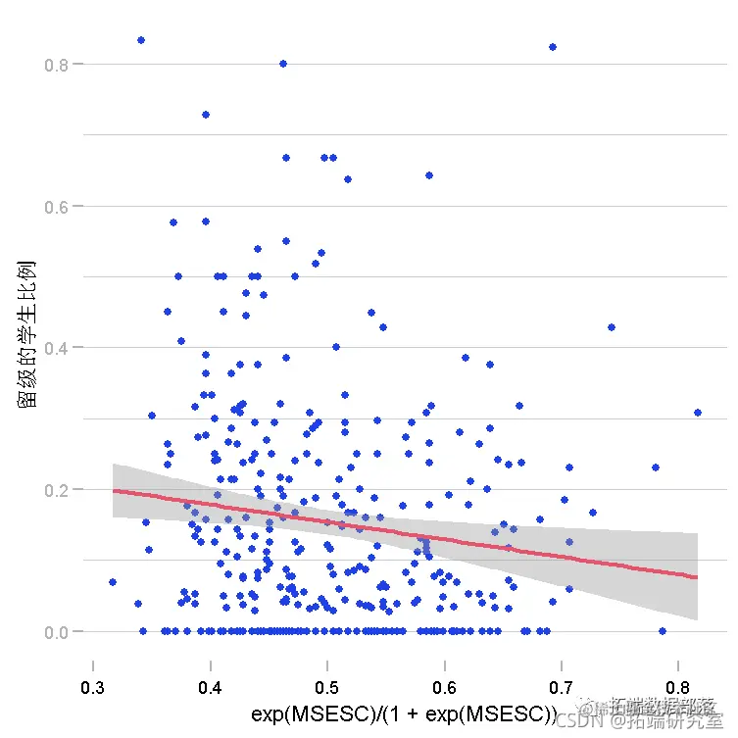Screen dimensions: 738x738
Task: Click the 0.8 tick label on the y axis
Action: point(57,65)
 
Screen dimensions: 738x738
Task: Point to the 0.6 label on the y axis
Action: point(57,207)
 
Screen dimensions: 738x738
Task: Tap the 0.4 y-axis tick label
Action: point(57,348)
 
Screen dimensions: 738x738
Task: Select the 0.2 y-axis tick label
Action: point(57,490)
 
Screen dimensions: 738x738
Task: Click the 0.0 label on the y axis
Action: point(57,632)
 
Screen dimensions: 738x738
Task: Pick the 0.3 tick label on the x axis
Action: point(93,687)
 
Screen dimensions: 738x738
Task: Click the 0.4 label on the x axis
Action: point(210,687)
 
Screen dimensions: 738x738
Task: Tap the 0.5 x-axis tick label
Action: point(327,687)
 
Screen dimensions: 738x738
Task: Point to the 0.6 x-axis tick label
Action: point(444,687)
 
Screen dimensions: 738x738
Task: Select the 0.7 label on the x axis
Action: point(562,687)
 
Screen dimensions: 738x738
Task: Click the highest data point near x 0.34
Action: point(141,40)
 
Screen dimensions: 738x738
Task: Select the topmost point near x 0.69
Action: point(553,47)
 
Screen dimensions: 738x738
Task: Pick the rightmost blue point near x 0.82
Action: point(698,413)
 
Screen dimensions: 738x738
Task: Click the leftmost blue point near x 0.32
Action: point(113,582)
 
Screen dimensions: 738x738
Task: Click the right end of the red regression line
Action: point(696,577)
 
